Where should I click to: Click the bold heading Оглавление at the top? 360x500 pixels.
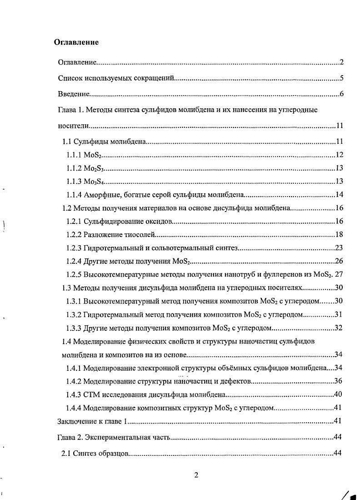(76, 42)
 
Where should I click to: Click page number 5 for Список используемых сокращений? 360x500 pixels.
(341, 78)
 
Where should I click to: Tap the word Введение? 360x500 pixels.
(73, 94)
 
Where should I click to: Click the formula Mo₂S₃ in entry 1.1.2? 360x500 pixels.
(94, 168)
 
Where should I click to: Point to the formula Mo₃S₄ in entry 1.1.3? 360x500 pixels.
(94, 182)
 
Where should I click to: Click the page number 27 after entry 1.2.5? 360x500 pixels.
(339, 274)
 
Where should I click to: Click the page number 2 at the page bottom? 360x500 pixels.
(196, 475)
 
